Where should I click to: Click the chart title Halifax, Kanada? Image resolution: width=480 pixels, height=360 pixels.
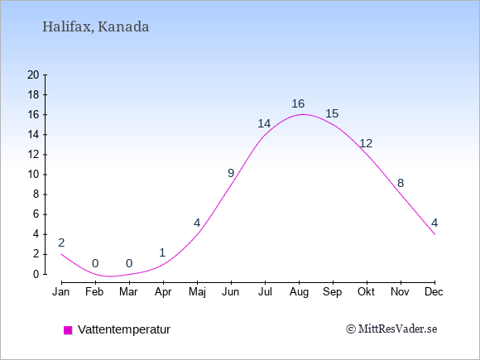[x=95, y=26]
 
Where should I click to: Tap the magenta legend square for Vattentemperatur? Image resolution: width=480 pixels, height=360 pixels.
[x=68, y=330]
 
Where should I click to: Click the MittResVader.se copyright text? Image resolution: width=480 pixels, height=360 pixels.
[x=391, y=329]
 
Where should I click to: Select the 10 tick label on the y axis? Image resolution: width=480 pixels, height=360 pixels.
[x=33, y=175]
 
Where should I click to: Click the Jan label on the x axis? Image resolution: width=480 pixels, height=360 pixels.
[x=61, y=292]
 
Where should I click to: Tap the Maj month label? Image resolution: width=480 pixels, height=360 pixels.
[x=197, y=292]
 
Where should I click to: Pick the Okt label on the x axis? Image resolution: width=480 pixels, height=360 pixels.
[x=366, y=292]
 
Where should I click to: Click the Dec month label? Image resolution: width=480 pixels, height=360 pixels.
[x=434, y=292]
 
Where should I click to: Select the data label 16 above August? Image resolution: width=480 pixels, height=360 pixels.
[x=298, y=103]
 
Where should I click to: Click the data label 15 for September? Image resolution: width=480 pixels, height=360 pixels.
[x=332, y=113]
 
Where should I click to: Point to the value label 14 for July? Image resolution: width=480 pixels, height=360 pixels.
[x=264, y=123]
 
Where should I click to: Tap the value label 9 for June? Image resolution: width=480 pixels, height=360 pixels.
[x=231, y=173]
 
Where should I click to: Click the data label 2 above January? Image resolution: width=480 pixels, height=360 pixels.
[x=61, y=242]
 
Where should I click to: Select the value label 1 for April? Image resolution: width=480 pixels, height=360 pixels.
[x=162, y=253]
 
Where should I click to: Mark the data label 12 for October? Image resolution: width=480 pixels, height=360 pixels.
[x=366, y=143]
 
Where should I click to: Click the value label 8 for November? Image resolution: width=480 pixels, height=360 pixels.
[x=401, y=183]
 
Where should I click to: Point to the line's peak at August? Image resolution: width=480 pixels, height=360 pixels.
[x=303, y=114]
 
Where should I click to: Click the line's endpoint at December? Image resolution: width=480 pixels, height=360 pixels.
[x=434, y=234]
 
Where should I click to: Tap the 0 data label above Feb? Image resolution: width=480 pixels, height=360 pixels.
[x=95, y=263]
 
